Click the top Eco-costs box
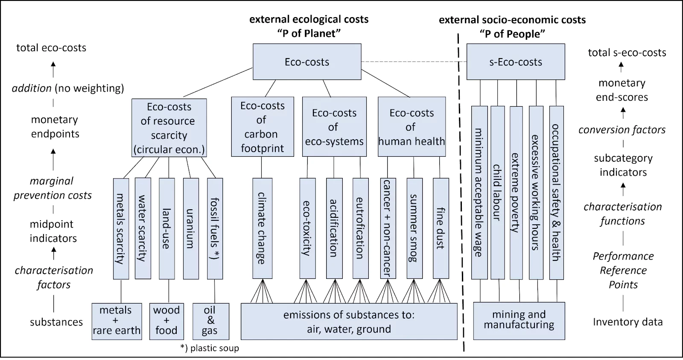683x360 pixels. [x=307, y=62]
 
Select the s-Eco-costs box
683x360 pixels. [x=515, y=62]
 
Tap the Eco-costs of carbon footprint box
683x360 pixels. [x=262, y=127]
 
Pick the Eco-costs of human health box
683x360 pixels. [x=412, y=127]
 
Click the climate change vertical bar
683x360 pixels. [x=261, y=228]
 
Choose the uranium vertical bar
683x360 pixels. [x=190, y=228]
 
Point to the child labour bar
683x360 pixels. [x=497, y=192]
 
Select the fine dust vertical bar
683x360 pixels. [x=441, y=228]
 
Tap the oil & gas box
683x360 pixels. [x=210, y=321]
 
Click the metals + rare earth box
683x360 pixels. [x=116, y=321]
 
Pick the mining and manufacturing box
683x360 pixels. [x=519, y=320]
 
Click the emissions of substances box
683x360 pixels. [x=349, y=322]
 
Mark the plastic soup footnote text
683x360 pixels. [x=210, y=348]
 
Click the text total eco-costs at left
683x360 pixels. [x=51, y=48]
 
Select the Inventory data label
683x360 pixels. [x=628, y=322]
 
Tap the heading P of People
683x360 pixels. [x=512, y=34]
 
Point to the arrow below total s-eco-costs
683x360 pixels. [x=621, y=67]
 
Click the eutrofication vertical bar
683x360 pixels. [x=360, y=228]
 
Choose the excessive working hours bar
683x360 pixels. [x=536, y=192]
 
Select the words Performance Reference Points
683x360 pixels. [x=623, y=270]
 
